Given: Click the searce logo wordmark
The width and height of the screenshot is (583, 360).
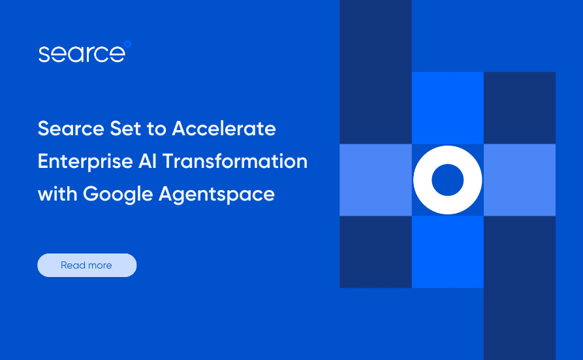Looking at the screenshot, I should point(81,54).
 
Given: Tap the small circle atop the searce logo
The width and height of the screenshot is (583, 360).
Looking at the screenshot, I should point(127,44).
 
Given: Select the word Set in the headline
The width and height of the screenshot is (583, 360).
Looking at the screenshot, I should point(122,129).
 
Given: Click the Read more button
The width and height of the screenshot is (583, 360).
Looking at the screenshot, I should point(87,265).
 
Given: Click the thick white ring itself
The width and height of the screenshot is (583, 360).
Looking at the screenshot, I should point(425,180).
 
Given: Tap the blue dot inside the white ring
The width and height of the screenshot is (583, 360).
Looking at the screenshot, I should point(448,180).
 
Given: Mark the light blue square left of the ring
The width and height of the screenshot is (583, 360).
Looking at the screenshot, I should point(375,180).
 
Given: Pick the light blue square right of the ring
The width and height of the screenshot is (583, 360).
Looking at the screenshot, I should point(520,180).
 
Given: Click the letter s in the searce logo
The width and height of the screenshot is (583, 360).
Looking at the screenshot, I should point(44,55).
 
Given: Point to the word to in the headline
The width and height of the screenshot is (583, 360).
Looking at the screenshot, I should point(157,129).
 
